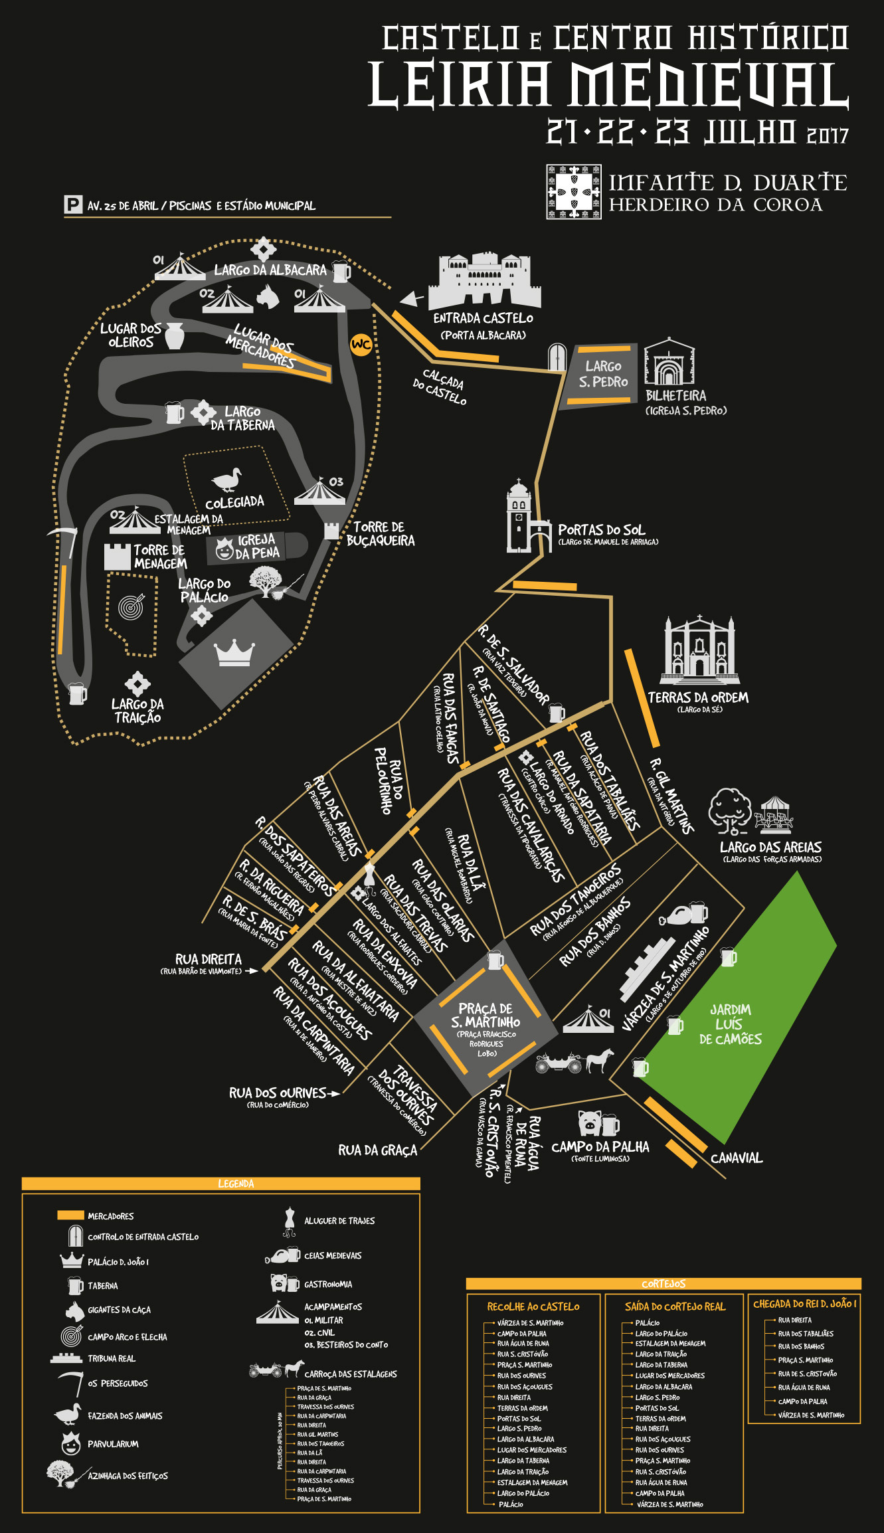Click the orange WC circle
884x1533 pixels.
pyautogui.click(x=361, y=344)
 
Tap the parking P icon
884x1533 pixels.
pyautogui.click(x=72, y=205)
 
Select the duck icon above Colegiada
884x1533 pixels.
pyautogui.click(x=226, y=480)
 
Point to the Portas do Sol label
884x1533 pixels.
pyautogui.click(x=601, y=530)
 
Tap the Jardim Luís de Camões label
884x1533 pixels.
pyautogui.click(x=730, y=1024)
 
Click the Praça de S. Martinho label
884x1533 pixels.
pyautogui.click(x=486, y=1016)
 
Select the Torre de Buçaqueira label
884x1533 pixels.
pyautogui.click(x=380, y=534)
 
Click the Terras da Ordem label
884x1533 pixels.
pyautogui.click(x=698, y=697)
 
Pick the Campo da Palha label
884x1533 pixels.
pyautogui.click(x=600, y=1146)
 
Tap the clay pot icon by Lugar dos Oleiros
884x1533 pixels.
pyautogui.click(x=174, y=335)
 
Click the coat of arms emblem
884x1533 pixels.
pyautogui.click(x=574, y=192)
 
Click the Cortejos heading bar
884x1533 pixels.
pyautogui.click(x=663, y=1283)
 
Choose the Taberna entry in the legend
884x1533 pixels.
pyautogui.click(x=102, y=1286)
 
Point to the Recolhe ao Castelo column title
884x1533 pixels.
pyautogui.click(x=533, y=1307)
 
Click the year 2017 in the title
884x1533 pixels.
pyautogui.click(x=828, y=136)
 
